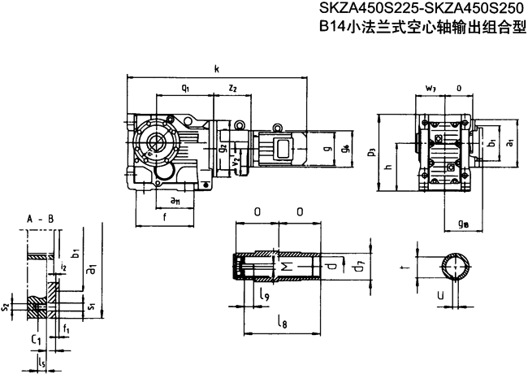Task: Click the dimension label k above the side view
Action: (217, 70)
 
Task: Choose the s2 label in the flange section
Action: (6, 307)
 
